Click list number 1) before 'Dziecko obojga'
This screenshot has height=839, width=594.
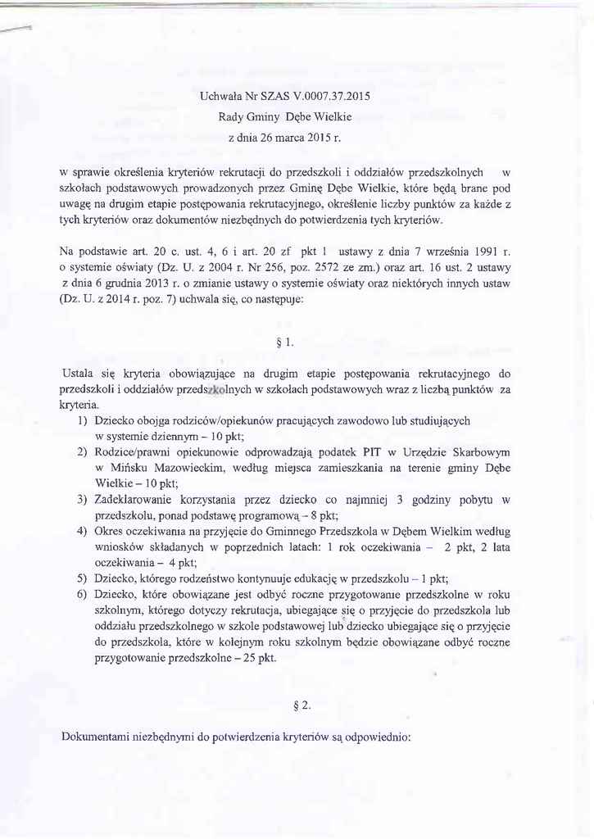point(83,420)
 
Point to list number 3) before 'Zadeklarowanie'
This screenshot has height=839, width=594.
point(83,499)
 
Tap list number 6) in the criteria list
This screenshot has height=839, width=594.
point(83,594)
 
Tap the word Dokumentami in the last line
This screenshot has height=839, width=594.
point(103,737)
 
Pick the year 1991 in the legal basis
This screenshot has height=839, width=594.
point(478,248)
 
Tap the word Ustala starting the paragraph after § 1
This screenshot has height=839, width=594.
point(78,374)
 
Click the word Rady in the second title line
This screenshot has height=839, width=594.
point(232,116)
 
